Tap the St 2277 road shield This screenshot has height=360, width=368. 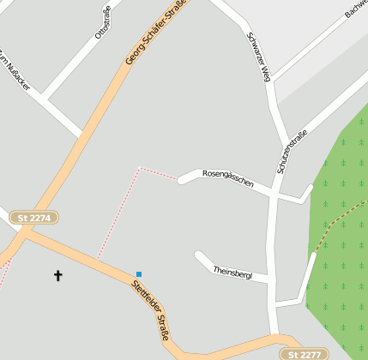[x=303, y=354]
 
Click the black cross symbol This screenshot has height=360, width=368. [x=58, y=275]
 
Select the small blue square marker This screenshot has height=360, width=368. [x=138, y=274]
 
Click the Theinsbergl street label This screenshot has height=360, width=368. [x=232, y=272]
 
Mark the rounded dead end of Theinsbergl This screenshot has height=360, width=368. [x=199, y=255]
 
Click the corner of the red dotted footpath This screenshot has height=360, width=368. [x=139, y=168]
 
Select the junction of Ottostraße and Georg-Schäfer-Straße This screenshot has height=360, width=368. [x=82, y=135]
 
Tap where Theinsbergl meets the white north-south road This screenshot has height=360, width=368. [x=272, y=279]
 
